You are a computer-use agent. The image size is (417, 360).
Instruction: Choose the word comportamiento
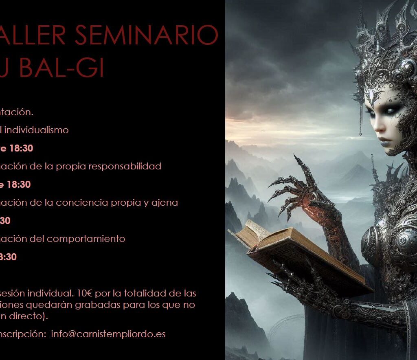click(86, 239)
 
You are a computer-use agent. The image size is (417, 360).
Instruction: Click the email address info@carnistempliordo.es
click(108, 334)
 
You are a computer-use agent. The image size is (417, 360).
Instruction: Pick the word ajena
click(167, 203)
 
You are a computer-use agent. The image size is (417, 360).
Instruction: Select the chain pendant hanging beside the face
click(360, 122)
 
